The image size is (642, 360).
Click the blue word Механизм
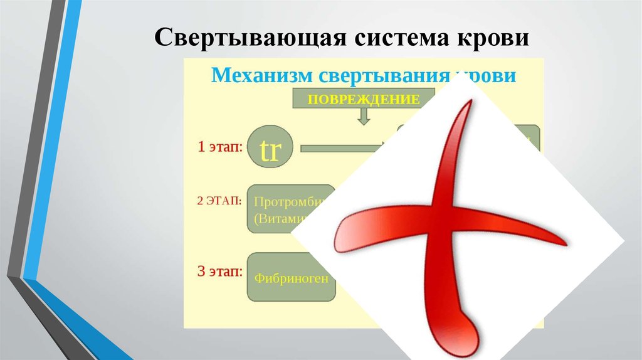pyautogui.click(x=261, y=76)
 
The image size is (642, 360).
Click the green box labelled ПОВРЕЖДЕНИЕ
pyautogui.click(x=363, y=99)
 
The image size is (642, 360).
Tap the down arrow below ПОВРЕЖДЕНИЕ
pyautogui.click(x=364, y=116)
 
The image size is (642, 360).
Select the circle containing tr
pyautogui.click(x=269, y=149)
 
